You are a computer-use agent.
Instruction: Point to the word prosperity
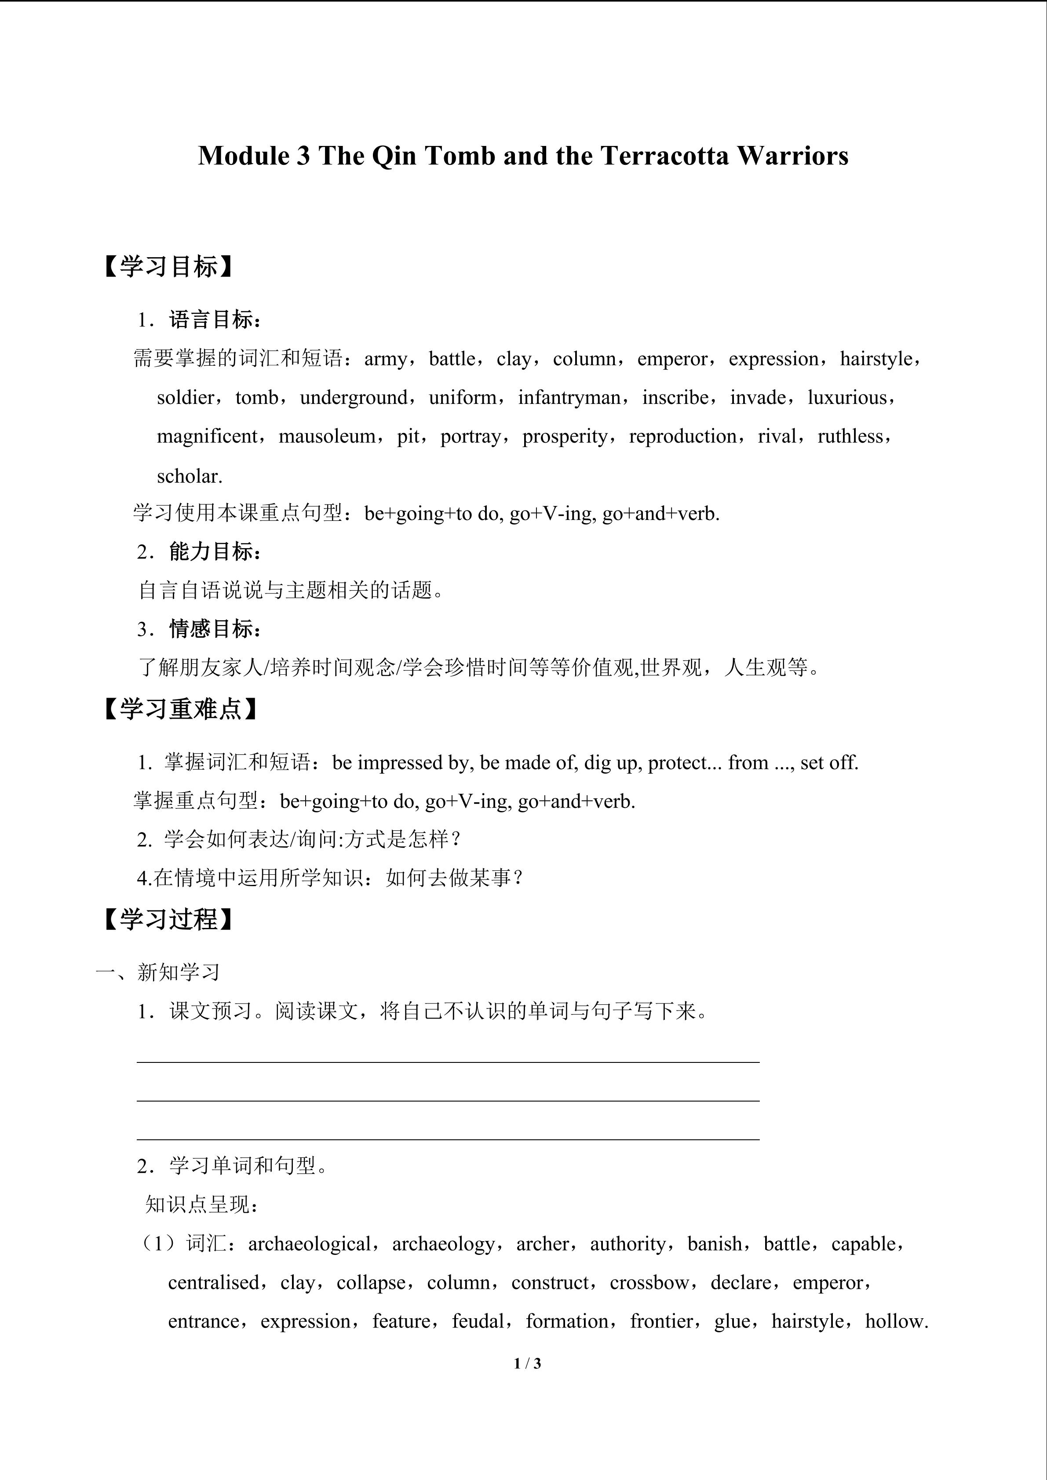(564, 437)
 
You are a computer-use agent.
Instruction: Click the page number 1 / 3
(527, 1364)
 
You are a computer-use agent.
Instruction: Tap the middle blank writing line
(448, 1100)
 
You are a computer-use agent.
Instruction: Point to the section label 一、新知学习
(158, 972)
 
